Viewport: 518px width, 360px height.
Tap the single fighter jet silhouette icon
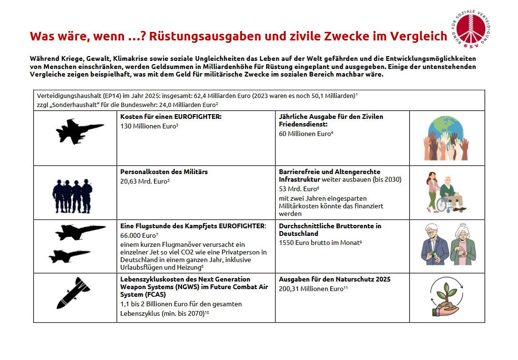click(79, 131)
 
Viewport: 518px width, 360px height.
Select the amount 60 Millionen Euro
click(305, 134)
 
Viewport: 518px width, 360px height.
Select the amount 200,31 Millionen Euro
click(311, 289)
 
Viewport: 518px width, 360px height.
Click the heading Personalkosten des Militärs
click(164, 172)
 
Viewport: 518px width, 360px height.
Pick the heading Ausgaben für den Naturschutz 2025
click(335, 279)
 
